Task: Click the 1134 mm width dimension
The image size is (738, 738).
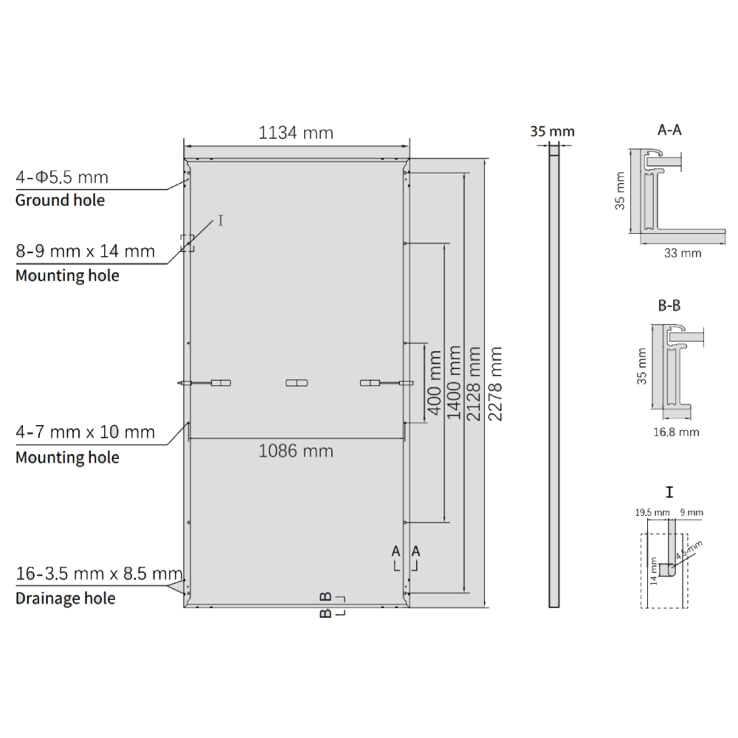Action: point(296,133)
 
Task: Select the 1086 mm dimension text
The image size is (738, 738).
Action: point(296,450)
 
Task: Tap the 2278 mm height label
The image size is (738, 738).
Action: point(496,384)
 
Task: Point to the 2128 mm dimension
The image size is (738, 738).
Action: point(475,384)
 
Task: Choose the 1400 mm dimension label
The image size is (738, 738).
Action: point(455,384)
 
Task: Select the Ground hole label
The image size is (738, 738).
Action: point(60,200)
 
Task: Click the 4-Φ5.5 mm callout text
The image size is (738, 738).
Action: point(62,177)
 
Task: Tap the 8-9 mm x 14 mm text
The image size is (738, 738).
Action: point(85,251)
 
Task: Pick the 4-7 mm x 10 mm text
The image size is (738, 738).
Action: point(85,432)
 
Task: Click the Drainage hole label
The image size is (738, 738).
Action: point(65,598)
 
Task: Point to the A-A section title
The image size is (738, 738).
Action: point(669,131)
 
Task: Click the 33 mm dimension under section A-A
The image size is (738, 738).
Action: point(683,253)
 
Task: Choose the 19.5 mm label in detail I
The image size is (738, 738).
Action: point(651,511)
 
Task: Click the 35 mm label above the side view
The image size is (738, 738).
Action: point(552,132)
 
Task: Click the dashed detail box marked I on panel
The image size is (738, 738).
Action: point(187,244)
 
